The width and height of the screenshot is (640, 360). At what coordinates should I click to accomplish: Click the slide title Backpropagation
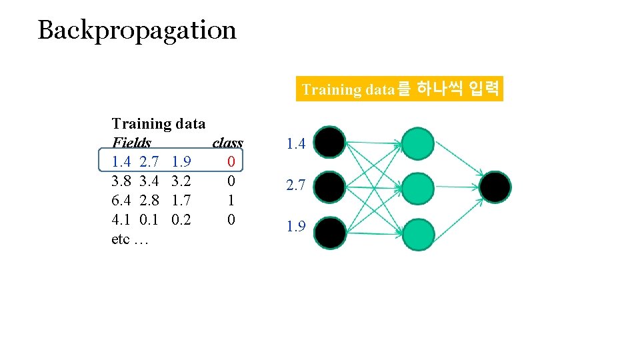137,30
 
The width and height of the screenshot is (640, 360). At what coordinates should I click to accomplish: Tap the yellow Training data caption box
399,89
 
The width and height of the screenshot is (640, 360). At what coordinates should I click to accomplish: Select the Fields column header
131,143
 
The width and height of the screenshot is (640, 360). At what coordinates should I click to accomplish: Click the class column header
227,143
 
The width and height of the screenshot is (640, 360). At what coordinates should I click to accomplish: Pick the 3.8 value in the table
121,181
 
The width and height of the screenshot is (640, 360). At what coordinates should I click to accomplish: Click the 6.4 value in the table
121,200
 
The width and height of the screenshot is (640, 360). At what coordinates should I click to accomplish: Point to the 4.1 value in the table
121,219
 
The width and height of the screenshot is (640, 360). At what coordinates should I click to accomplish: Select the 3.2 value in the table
181,181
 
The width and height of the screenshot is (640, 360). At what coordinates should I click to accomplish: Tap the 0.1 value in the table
149,219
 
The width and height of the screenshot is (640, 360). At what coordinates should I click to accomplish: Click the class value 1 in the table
231,200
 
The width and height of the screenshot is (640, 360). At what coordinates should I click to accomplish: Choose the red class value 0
231,161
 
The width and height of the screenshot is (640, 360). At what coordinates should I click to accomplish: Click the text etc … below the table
130,239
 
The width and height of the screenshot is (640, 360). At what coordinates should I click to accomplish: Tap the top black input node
330,143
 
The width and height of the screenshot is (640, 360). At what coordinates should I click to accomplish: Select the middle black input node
330,187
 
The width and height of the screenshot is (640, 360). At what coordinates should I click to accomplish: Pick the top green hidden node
417,143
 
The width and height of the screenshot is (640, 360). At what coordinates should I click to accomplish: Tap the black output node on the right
495,187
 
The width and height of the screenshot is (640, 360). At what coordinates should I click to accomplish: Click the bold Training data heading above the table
159,123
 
